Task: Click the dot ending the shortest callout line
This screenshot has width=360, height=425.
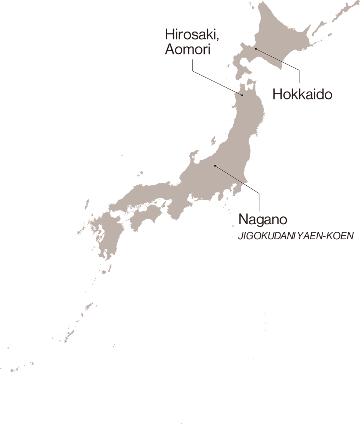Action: (242, 95)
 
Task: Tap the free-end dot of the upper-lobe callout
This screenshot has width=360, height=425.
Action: (256, 49)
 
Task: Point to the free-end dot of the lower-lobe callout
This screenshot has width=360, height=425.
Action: (215, 165)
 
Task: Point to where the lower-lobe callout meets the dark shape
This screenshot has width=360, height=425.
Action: (244, 184)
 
